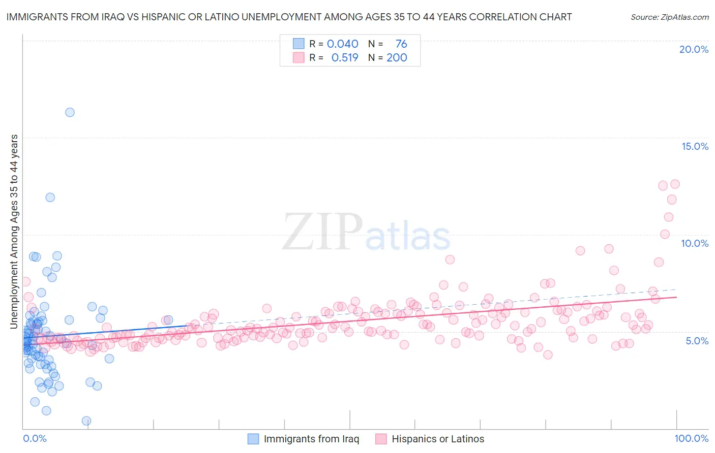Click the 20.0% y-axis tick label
pos(694,49)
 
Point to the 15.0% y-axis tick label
pos(695,146)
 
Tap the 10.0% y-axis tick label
pos(695,243)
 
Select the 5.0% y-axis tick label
pos(697,341)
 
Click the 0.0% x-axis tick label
pos(35,438)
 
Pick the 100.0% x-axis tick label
pos(691,438)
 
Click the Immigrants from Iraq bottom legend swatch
pos(253,439)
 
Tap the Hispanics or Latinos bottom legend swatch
pos(381,439)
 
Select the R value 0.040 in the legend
pos(342,44)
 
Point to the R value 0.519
pos(345,57)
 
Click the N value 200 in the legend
pos(397,57)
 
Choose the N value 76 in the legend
pos(401,44)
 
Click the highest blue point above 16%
pos(70,112)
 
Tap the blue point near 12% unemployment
pos(50,197)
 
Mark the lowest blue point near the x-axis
pos(86,420)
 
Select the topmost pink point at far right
pos(675,184)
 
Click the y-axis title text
pos(14,232)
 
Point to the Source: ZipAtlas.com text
pos(669,17)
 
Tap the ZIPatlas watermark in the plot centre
pos(366,232)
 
